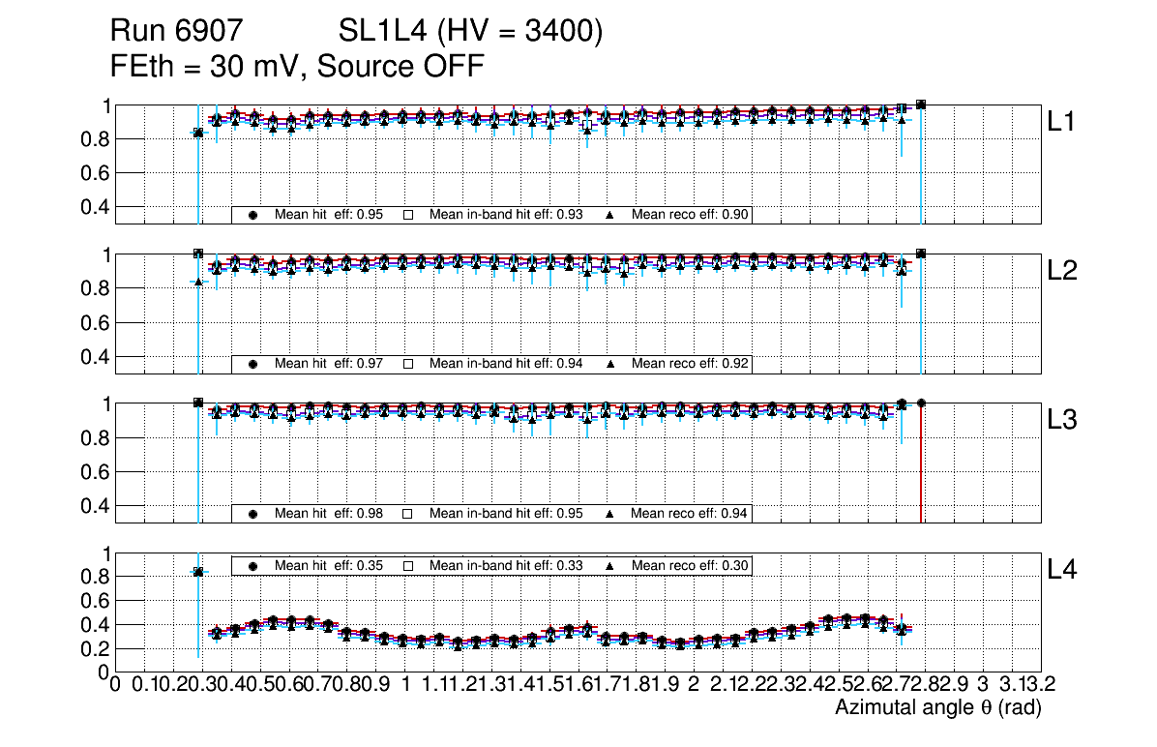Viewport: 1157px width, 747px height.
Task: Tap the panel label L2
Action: [x=1063, y=271]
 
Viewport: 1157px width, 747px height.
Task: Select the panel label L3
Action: [x=1063, y=420]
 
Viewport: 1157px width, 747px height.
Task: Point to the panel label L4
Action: [x=1063, y=570]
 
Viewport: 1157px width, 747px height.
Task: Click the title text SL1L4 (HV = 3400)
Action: [x=471, y=33]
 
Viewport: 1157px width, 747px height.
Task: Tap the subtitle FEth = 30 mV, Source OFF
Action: [x=297, y=67]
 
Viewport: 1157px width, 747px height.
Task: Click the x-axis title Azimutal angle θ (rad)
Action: [x=937, y=709]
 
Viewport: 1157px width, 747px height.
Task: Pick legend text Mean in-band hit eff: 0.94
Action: [x=506, y=364]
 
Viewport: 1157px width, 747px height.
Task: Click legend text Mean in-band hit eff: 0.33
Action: [x=506, y=565]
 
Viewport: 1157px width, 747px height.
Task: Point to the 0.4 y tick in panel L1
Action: [x=95, y=207]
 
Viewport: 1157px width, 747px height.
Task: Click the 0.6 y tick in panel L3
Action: [x=95, y=471]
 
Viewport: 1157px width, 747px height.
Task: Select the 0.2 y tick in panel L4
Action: [x=95, y=648]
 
